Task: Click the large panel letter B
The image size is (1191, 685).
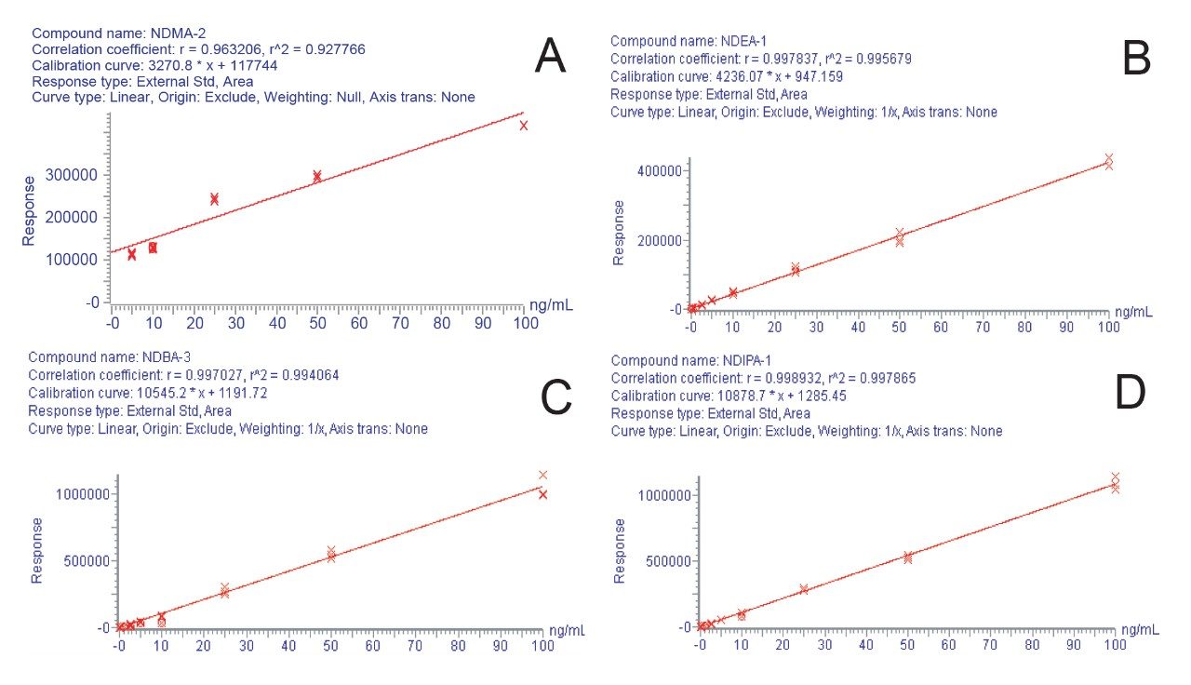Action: coord(1136,60)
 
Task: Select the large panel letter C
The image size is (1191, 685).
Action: coord(555,398)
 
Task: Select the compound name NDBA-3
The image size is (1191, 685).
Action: coord(162,357)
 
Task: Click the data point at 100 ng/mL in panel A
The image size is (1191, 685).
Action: coord(524,126)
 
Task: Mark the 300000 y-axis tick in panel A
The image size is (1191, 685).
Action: coord(74,175)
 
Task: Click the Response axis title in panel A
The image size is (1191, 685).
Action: coord(29,210)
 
